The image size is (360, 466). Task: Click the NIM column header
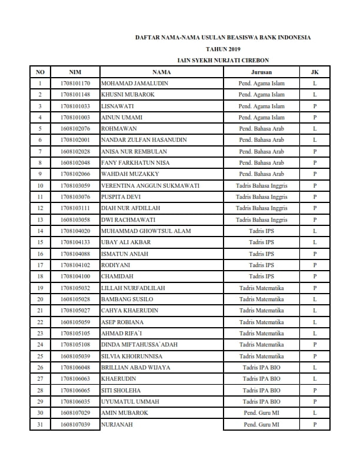pyautogui.click(x=75, y=72)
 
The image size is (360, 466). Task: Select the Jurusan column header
pyautogui.click(x=261, y=72)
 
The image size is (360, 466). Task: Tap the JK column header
pyautogui.click(x=315, y=72)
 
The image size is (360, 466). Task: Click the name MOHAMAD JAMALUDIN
pyautogui.click(x=135, y=84)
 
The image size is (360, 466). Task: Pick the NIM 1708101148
pyautogui.click(x=75, y=95)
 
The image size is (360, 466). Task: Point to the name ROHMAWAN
pyautogui.click(x=119, y=129)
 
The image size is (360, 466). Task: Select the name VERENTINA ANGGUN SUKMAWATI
pyautogui.click(x=151, y=185)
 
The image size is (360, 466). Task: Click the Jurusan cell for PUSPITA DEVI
pyautogui.click(x=261, y=197)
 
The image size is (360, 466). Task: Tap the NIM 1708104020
pyautogui.click(x=75, y=231)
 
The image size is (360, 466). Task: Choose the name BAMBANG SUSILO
pyautogui.click(x=127, y=299)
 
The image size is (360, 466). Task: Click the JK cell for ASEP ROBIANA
pyautogui.click(x=315, y=322)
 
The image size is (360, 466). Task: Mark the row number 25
pyautogui.click(x=40, y=356)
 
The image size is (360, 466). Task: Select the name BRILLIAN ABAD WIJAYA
pyautogui.click(x=136, y=367)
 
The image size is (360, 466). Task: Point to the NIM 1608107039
pyautogui.click(x=75, y=424)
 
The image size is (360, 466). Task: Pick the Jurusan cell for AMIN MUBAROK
pyautogui.click(x=261, y=413)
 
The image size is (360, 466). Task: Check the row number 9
pyautogui.click(x=40, y=174)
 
